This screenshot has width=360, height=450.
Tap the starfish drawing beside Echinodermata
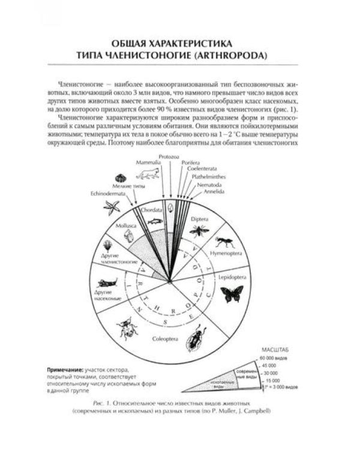pyautogui.click(x=112, y=207)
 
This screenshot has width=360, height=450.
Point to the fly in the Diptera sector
pyautogui.click(x=199, y=230)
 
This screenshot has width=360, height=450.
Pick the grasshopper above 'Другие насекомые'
pyautogui.click(x=107, y=282)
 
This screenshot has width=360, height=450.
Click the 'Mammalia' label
pyautogui.click(x=146, y=163)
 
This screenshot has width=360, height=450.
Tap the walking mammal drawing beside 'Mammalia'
pyautogui.click(x=147, y=174)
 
